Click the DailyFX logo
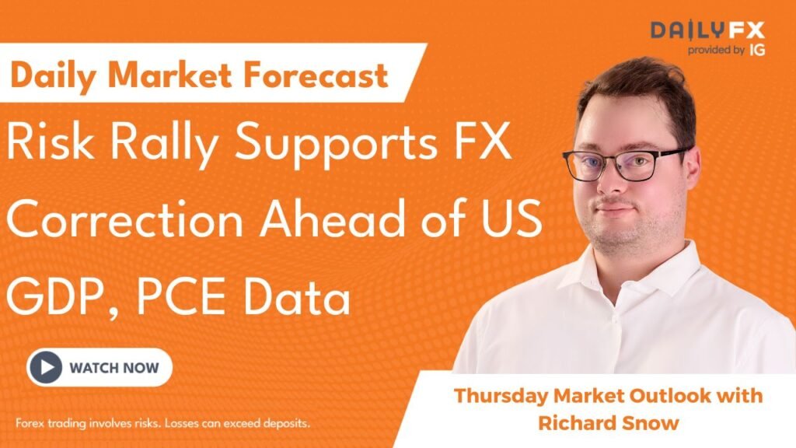pyautogui.click(x=707, y=31)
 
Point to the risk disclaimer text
pyautogui.click(x=163, y=424)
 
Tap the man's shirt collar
pyautogui.click(x=622, y=264)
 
